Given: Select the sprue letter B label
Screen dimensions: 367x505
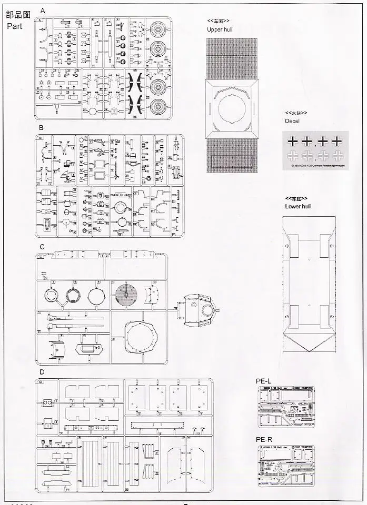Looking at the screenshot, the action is coord(41,128).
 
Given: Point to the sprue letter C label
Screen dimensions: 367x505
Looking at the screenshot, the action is coord(41,246).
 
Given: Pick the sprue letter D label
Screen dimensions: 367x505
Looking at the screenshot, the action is coord(42,372).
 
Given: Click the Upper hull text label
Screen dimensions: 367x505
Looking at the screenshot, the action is coord(220,29).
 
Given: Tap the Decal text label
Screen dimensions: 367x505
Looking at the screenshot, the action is coord(292,121).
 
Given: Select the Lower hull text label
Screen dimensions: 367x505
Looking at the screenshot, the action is coord(297,206).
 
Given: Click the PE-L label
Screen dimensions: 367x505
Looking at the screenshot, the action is coord(264,381).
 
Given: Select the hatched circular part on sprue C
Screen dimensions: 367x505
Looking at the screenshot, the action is coord(127,294).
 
